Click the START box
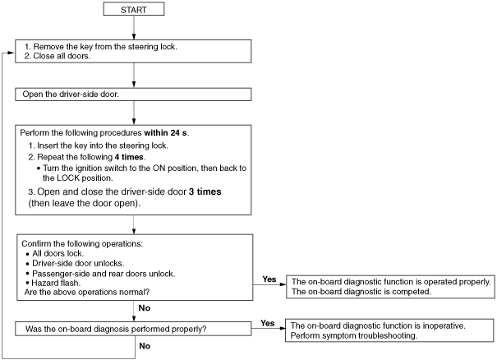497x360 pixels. click(x=134, y=9)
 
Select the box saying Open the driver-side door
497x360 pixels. click(x=133, y=95)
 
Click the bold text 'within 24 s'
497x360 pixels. click(x=165, y=132)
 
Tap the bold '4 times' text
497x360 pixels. click(x=129, y=157)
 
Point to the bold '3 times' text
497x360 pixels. click(x=205, y=192)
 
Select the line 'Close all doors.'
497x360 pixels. click(x=58, y=56)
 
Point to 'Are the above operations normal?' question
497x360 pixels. click(x=87, y=292)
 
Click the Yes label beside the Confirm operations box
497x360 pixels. click(x=269, y=279)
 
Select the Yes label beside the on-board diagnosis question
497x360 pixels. click(x=268, y=323)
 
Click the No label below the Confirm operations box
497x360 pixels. click(x=145, y=307)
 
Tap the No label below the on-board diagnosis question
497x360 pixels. click(x=145, y=346)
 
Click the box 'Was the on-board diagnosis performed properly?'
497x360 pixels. click(x=133, y=329)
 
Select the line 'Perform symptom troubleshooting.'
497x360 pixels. click(x=354, y=335)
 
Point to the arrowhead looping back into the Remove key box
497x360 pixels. click(x=12, y=53)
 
